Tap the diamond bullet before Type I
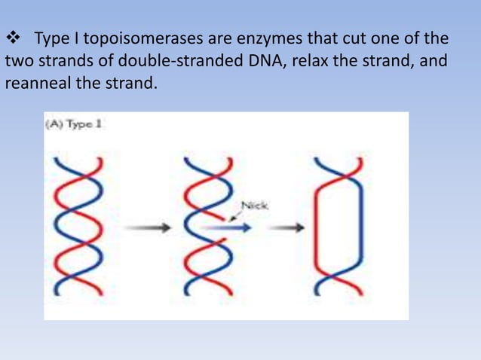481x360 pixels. (14, 38)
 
